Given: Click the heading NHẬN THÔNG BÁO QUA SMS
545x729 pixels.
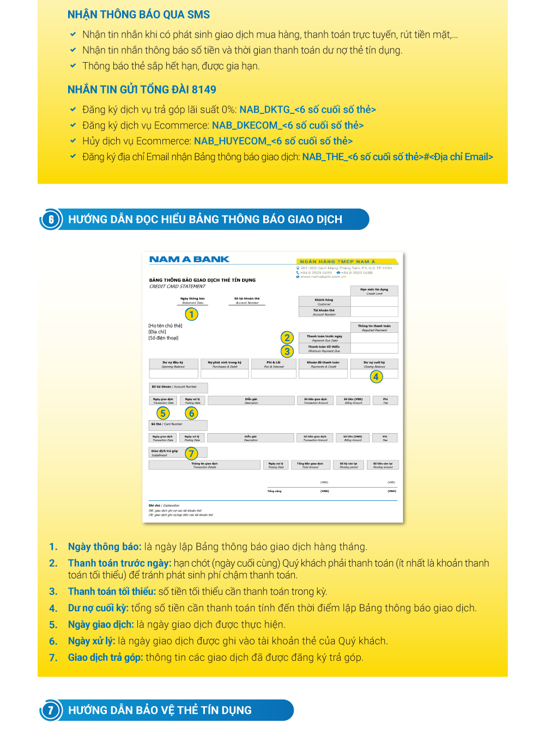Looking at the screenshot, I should point(138,15).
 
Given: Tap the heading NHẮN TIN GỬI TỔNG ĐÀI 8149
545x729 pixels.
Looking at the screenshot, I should point(142,90).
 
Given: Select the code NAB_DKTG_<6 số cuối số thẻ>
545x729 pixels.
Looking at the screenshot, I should point(307,110).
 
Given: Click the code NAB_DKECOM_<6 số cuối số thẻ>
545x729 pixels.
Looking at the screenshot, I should point(288,125).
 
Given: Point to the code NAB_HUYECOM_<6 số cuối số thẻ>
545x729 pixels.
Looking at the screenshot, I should point(273,141).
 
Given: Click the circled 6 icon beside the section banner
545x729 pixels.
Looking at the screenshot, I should point(51,220).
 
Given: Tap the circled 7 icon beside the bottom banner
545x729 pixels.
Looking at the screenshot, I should point(51,710).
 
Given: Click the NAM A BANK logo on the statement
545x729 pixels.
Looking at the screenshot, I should point(189,260).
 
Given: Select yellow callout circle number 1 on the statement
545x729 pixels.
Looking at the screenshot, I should point(191,314).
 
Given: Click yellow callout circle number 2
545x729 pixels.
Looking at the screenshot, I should point(287,338).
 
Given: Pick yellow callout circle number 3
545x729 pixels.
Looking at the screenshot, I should point(287,351).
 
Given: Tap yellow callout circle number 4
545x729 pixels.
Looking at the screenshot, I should point(376,376).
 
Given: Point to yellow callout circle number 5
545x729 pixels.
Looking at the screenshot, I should point(162,414).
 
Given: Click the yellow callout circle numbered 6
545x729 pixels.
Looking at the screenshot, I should point(191,414).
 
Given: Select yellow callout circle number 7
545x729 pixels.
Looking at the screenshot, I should point(191,454).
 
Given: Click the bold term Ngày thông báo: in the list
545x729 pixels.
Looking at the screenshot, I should point(105,547).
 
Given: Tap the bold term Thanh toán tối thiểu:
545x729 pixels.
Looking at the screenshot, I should point(112,592).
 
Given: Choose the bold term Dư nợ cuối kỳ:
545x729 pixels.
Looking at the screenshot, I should point(98,608).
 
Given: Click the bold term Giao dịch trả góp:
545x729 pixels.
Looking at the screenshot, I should point(105,658).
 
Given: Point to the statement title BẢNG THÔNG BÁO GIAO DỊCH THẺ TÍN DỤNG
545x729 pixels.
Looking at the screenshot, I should point(202,280).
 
